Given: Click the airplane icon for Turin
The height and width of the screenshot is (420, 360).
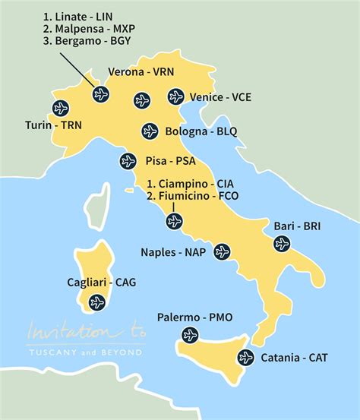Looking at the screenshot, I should coord(61,107).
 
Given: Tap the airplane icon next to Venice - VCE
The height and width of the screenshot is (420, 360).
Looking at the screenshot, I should coord(176,96).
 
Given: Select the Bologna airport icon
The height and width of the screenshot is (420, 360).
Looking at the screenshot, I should coord(150,131).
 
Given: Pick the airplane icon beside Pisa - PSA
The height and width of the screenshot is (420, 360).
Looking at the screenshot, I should coord(128,161).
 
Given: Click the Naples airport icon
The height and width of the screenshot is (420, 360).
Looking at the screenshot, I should coord(221,251).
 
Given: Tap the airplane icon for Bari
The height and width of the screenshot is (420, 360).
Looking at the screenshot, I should coord(282,244).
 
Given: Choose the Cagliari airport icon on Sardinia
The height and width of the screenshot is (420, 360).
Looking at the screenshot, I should coord(96,302).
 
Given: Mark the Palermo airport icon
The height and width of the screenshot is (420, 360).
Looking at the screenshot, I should coord(190,335).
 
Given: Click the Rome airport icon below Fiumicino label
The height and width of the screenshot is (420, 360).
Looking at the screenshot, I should coord(174,221).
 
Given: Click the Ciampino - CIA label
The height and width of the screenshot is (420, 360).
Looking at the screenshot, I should coord(191,183).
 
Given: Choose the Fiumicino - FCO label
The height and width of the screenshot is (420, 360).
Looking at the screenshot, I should coord(193,197).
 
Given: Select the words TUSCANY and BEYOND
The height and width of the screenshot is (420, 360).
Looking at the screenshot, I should coord(83,352).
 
